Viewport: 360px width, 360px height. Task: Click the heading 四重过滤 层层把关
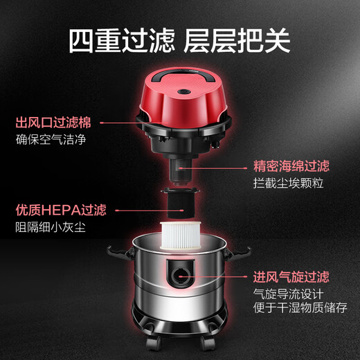[180, 40]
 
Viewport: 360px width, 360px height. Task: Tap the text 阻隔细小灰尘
[48, 226]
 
